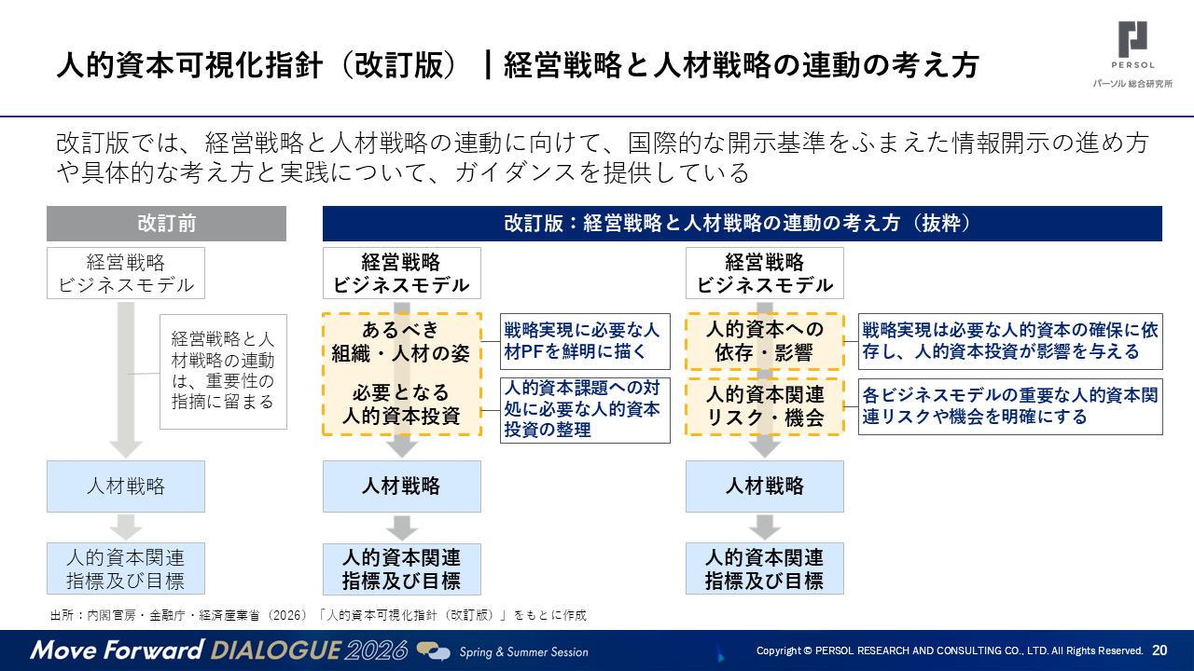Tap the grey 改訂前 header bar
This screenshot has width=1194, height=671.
tap(166, 224)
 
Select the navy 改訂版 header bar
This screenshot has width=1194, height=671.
tap(742, 224)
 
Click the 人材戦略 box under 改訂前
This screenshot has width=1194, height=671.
tap(126, 486)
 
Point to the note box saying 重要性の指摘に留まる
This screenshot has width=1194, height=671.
tap(223, 372)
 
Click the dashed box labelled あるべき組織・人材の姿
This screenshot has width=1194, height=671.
tap(402, 341)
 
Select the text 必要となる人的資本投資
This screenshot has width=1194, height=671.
tap(401, 404)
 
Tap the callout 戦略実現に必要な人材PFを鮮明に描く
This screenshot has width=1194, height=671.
tap(585, 341)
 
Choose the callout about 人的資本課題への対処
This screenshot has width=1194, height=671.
tap(585, 410)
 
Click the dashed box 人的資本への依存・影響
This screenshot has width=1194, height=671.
tap(765, 341)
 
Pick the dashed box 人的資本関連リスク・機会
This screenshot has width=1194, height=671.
tap(765, 407)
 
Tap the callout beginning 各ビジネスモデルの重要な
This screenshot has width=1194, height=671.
tap(1010, 407)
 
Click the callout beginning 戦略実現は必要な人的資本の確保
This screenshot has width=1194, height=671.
tap(1010, 341)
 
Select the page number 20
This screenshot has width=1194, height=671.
tap(1159, 650)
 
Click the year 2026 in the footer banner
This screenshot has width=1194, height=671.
tap(376, 650)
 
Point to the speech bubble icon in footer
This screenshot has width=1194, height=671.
tap(433, 650)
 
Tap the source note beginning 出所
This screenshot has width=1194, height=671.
tap(318, 616)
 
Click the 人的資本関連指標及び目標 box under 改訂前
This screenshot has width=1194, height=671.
tap(126, 568)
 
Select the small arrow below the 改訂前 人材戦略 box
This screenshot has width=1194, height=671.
tap(126, 527)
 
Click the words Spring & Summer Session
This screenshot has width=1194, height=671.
tap(524, 651)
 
